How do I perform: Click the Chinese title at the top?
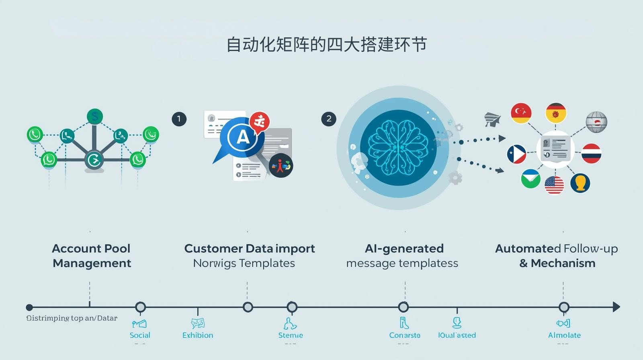point(326,45)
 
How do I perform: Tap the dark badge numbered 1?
point(179,119)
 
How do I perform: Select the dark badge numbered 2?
point(329,119)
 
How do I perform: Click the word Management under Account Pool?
point(92,263)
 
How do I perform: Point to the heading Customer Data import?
point(249,249)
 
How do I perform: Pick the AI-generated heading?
point(404,249)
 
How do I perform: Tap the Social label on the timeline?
point(140,335)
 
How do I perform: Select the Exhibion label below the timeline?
point(198,335)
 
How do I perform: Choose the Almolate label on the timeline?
point(564,335)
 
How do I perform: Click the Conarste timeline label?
point(405,335)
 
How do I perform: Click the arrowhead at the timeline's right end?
point(616,307)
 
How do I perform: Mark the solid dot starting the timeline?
point(29,307)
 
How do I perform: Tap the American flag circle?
point(554,185)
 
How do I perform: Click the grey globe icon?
point(596,122)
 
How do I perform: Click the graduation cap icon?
point(493,119)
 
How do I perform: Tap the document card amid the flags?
point(555,149)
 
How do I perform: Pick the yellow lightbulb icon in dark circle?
point(580,183)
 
